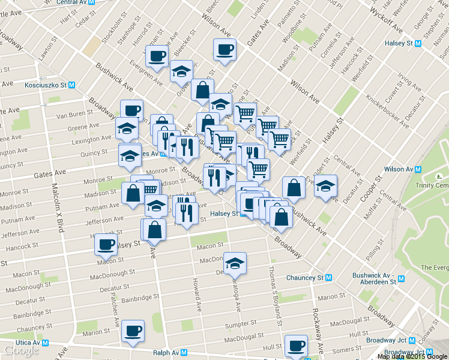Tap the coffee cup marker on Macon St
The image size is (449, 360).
(x=106, y=244)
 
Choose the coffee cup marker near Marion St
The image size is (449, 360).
(x=133, y=331)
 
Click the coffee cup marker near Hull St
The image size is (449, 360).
(x=296, y=346)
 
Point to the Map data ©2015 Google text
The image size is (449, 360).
(x=412, y=356)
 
